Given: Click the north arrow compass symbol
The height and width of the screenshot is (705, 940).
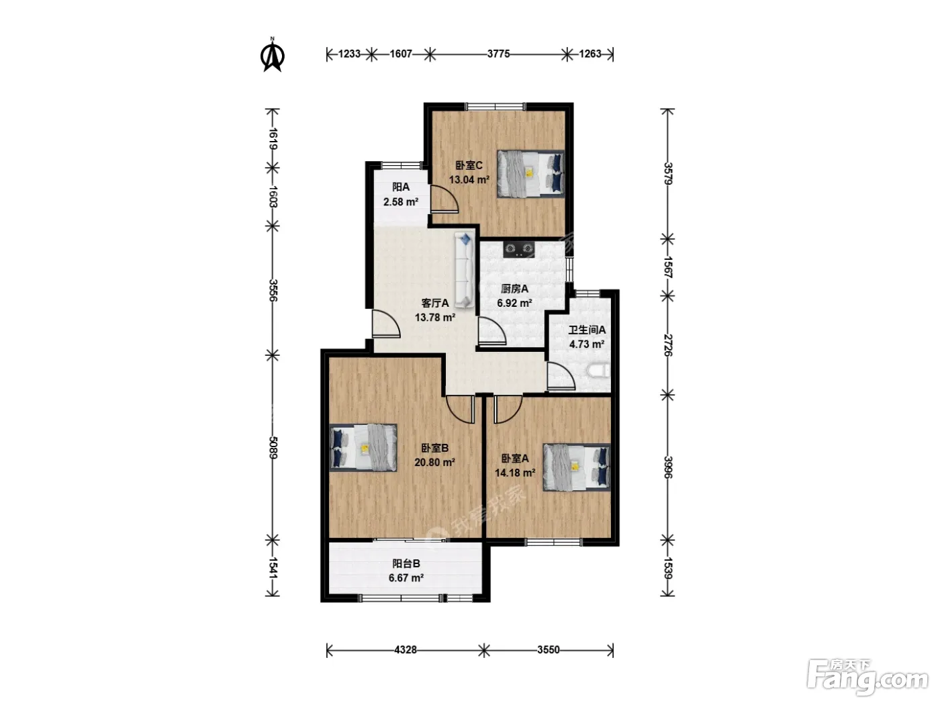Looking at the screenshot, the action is pyautogui.click(x=273, y=55).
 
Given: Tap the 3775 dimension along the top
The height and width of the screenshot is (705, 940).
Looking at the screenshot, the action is pyautogui.click(x=498, y=54).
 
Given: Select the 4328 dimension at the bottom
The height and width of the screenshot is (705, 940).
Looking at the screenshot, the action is pyautogui.click(x=405, y=650).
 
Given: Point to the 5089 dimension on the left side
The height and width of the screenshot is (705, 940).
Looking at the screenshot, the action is pyautogui.click(x=273, y=447).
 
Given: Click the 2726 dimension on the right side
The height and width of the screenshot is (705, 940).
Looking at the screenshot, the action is pyautogui.click(x=667, y=345).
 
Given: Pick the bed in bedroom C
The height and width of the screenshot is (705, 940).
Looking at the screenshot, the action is pyautogui.click(x=530, y=174).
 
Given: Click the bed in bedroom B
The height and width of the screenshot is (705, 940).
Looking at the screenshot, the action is pyautogui.click(x=363, y=448).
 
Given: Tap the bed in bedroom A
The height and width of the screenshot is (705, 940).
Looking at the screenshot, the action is pyautogui.click(x=576, y=467).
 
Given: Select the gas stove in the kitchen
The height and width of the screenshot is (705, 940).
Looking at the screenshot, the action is pyautogui.click(x=519, y=250).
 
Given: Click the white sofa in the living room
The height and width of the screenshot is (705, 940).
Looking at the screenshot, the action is pyautogui.click(x=464, y=270).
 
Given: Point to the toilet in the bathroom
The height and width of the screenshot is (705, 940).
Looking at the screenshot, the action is pyautogui.click(x=600, y=371).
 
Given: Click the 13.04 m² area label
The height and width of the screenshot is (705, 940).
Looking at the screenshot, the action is pyautogui.click(x=469, y=180).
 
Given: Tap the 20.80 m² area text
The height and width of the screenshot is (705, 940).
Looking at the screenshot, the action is pyautogui.click(x=434, y=463).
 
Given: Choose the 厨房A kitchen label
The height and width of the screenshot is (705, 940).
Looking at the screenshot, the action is pyautogui.click(x=514, y=289).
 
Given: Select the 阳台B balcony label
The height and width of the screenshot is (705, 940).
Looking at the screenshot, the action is pyautogui.click(x=406, y=564).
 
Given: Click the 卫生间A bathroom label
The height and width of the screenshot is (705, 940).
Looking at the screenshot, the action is pyautogui.click(x=587, y=330).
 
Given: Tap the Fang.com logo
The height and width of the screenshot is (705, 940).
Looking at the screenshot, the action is pyautogui.click(x=867, y=678).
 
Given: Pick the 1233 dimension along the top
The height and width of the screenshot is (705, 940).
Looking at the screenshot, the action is pyautogui.click(x=349, y=54).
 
